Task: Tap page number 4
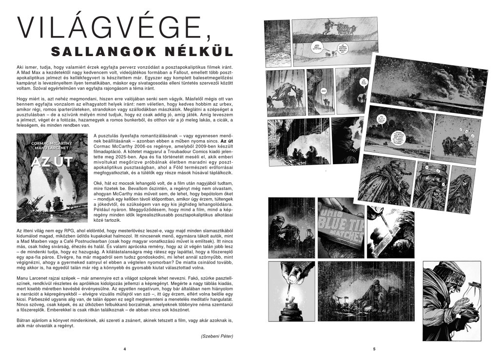[125, 349]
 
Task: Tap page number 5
[374, 349]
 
